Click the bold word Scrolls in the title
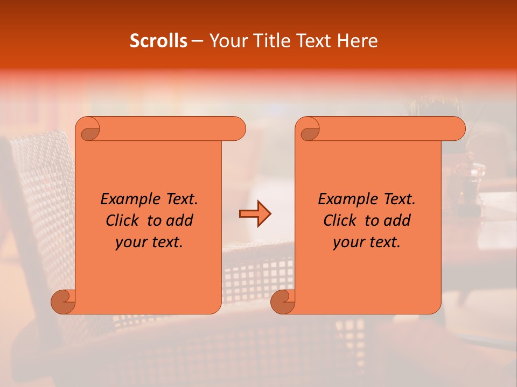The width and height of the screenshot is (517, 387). coord(158,41)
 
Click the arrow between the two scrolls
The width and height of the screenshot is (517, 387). coord(255,214)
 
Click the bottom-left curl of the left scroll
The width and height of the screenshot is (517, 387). coord(62,302)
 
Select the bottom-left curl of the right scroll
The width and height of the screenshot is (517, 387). coord(282,302)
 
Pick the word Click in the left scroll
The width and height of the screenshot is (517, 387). coord(121,220)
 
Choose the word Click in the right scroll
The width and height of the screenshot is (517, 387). coord(339,220)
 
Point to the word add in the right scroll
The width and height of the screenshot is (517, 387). coord(397,220)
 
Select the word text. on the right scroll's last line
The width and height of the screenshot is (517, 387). coord(383,242)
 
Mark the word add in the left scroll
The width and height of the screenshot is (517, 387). coord(179,220)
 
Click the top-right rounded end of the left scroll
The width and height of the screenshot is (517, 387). coord(237,129)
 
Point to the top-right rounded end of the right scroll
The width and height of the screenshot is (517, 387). coord(457,129)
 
